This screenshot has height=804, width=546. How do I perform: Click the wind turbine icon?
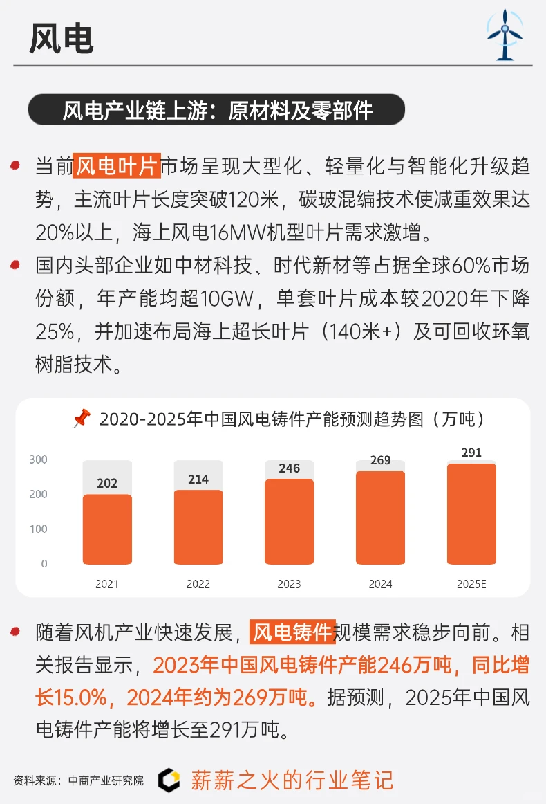pyautogui.click(x=505, y=35)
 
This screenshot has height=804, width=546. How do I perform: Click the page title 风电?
pyautogui.click(x=62, y=39)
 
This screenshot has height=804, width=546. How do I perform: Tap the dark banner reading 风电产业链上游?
pyautogui.click(x=216, y=110)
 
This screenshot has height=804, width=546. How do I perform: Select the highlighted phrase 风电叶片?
pyautogui.click(x=117, y=166)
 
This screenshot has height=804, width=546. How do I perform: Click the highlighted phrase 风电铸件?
pyautogui.click(x=292, y=632)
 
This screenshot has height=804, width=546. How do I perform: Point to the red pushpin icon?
pyautogui.click(x=82, y=419)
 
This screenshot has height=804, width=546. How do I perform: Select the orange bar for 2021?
pyautogui.click(x=107, y=529)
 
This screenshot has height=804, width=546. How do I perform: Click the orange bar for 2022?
pyautogui.click(x=198, y=527)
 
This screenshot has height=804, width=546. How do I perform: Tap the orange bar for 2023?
pyautogui.click(x=290, y=521)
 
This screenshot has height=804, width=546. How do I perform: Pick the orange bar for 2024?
pyautogui.click(x=381, y=517)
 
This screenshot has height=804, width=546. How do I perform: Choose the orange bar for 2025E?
pyautogui.click(x=471, y=513)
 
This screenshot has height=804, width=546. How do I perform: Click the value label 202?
pyautogui.click(x=107, y=484)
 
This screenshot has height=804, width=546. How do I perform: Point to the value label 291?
pyautogui.click(x=472, y=453)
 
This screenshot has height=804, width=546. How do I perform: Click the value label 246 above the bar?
pyautogui.click(x=290, y=468)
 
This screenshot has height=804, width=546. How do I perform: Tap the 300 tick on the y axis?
pyautogui.click(x=39, y=459)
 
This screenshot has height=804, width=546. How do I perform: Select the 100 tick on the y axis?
pyautogui.click(x=39, y=529)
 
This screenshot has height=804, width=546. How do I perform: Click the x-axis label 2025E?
pyautogui.click(x=471, y=584)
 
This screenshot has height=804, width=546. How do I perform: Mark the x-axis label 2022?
pyautogui.click(x=198, y=584)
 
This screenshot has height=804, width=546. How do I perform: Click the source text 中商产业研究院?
pyautogui.click(x=106, y=780)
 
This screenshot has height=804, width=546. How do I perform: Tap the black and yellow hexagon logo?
pyautogui.click(x=168, y=780)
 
